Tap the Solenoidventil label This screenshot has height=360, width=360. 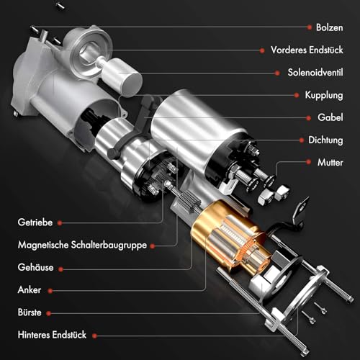[315, 73]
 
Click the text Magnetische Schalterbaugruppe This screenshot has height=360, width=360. [82, 245]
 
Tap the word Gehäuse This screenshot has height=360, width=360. [36, 268]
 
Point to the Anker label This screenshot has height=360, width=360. [30, 290]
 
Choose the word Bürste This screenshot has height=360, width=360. [31, 312]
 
